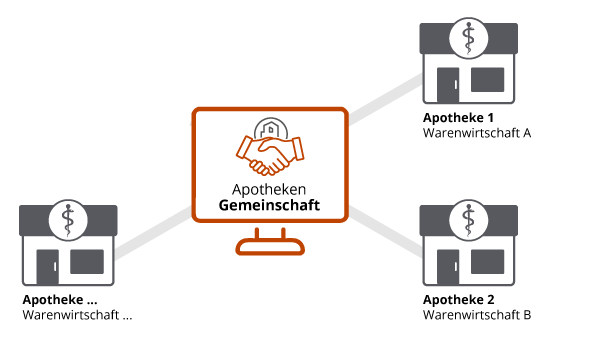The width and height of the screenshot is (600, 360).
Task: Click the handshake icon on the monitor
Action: coord(268,151)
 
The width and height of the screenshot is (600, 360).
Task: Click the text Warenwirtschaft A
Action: coord(477,132)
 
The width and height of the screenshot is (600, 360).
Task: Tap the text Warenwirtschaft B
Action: coord(477,315)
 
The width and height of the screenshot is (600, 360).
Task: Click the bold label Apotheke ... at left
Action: coord(60,300)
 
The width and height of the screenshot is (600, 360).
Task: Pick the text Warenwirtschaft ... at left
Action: coord(77,315)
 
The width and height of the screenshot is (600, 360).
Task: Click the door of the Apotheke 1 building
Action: coord(446,86)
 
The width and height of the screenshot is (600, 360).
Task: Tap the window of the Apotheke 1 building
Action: coord(487,78)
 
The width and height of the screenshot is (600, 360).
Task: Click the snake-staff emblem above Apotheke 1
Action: coord(467,38)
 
